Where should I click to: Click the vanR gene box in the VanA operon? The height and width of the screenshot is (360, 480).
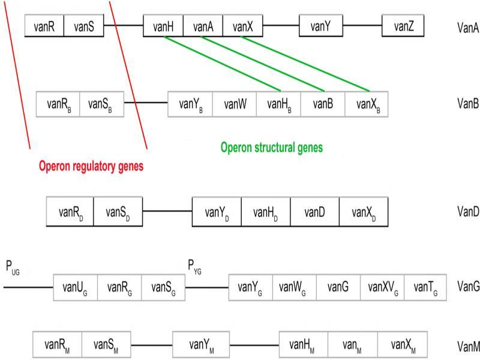tap(44, 26)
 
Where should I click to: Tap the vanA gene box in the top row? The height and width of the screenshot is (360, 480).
tap(203, 26)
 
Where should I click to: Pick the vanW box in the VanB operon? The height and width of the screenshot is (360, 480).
tap(235, 104)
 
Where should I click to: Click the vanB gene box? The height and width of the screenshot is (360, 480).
tap(322, 104)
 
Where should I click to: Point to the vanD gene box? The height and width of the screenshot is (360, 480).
tap(314, 212)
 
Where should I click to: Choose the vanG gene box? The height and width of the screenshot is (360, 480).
tap(338, 287)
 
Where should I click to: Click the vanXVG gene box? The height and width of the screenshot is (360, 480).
tap(382, 287)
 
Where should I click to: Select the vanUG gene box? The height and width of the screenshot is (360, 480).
tap(75, 287)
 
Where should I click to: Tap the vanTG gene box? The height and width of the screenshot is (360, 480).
tap(425, 287)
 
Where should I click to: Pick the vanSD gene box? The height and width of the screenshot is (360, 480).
tap(118, 212)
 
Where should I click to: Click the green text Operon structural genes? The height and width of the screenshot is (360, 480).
tap(272, 147)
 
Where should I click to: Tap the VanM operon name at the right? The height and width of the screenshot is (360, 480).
tap(467, 345)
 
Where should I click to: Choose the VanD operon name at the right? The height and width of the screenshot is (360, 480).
tap(467, 212)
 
